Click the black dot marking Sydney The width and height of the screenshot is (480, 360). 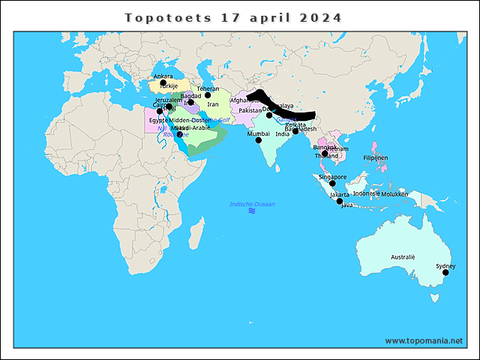point(445,273)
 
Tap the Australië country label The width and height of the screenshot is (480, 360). point(403,257)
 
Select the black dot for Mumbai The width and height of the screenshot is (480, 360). point(259,140)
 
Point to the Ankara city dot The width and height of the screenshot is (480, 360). point(163,82)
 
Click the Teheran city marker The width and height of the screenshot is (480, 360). point(208,95)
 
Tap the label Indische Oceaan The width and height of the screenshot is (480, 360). point(252,204)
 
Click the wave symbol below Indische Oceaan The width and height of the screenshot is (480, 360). point(252,211)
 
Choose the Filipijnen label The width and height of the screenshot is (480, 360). point(375,158)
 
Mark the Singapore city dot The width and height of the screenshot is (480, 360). point(332,183)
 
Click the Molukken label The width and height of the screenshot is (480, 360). point(394,193)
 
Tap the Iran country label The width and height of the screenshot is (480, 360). point(213,104)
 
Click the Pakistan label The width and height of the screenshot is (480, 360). point(250,110)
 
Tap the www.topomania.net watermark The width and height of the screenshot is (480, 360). point(424,340)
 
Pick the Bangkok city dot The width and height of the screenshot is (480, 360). point(325,154)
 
